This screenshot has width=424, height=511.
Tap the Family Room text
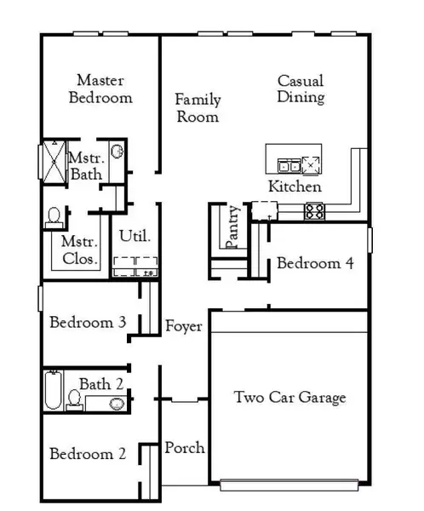(x=198, y=108)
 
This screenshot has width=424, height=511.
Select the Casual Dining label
(x=301, y=89)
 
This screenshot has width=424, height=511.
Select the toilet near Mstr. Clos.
(x=55, y=216)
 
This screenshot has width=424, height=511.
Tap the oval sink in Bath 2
(x=116, y=401)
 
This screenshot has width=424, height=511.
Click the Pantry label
(x=233, y=227)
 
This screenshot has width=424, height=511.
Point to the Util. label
(x=135, y=236)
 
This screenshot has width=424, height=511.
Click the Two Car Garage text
(x=290, y=398)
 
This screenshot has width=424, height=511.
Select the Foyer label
(x=183, y=326)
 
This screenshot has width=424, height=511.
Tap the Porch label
(x=184, y=448)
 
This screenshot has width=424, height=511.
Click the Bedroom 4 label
(x=315, y=264)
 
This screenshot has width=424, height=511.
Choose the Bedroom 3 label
(x=88, y=323)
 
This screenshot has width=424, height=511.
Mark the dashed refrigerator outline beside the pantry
(x=263, y=210)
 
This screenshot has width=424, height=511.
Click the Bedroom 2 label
(x=88, y=454)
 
